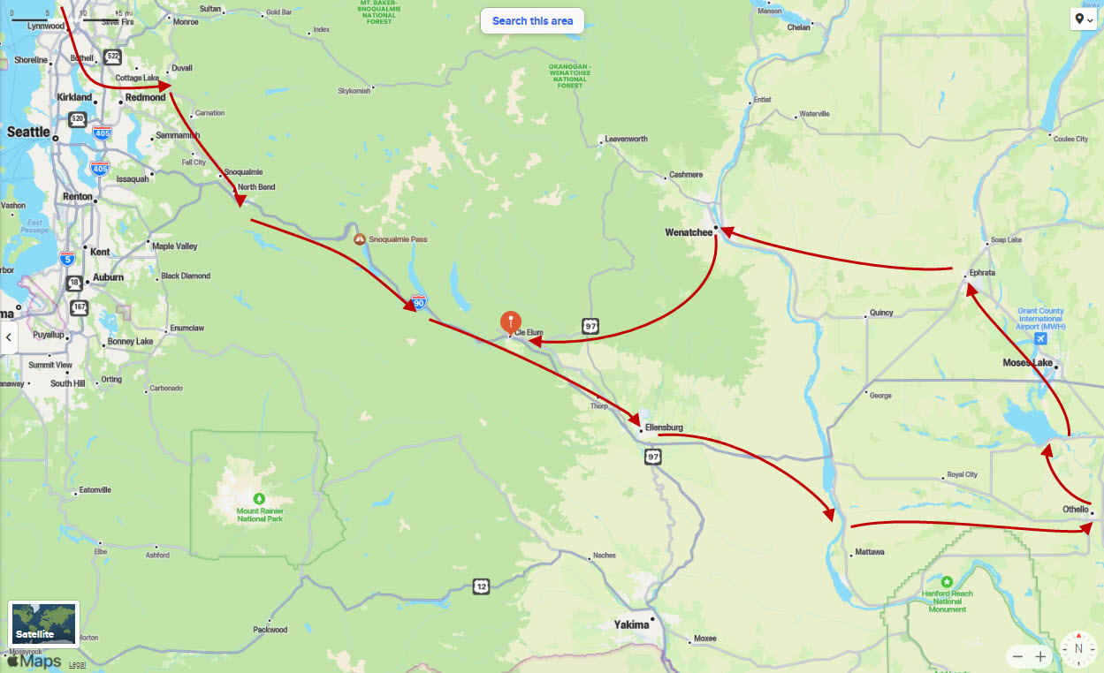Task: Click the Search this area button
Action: point(532,20)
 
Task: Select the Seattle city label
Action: point(28,132)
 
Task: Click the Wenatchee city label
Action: point(688,232)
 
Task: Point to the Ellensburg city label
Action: point(664,427)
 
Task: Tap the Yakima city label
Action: point(631,624)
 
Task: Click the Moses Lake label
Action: point(1027,363)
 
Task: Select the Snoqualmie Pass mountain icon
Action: point(360,239)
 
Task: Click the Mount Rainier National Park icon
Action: point(259,498)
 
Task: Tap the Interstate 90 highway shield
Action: point(419,302)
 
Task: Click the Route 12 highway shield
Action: point(481,586)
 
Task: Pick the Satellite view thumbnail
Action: point(44,624)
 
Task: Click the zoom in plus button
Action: point(1040,656)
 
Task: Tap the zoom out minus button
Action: point(1018,656)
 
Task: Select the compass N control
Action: point(1078,648)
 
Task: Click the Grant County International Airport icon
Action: point(1040,339)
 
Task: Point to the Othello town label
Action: point(1076,509)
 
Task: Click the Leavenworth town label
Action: point(626,140)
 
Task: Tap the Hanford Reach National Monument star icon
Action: point(947,582)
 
